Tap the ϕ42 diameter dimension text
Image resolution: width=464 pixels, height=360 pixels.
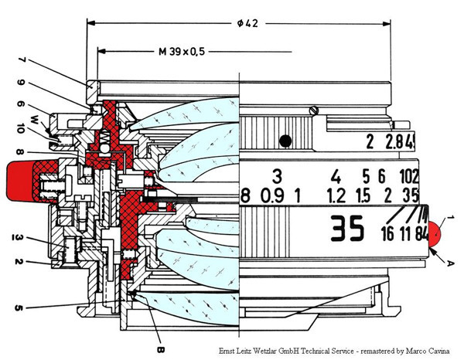(248, 23)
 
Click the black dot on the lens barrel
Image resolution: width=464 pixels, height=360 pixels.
(286, 140)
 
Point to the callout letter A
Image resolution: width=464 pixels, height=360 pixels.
(439, 262)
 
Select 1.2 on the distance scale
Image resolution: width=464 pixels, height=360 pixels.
(336, 195)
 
